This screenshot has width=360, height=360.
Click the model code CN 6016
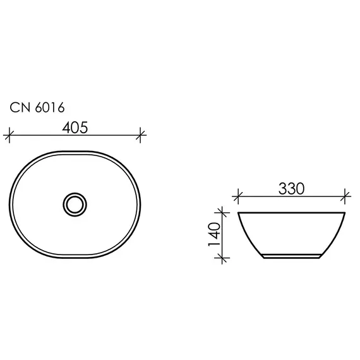click(x=37, y=108)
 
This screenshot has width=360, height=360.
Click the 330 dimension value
click(x=291, y=188)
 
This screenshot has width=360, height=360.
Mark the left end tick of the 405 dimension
click(x=9, y=135)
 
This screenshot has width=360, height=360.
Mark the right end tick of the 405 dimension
click(x=141, y=135)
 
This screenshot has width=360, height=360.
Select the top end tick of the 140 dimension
click(x=220, y=212)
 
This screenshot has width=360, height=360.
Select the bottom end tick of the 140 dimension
click(x=220, y=257)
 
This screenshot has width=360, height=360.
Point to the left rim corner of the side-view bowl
click(x=238, y=213)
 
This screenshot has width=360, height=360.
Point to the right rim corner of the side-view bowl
click(x=345, y=213)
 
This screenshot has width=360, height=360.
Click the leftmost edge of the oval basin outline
click(x=11, y=204)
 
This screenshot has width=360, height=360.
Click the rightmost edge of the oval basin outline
click(x=141, y=204)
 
